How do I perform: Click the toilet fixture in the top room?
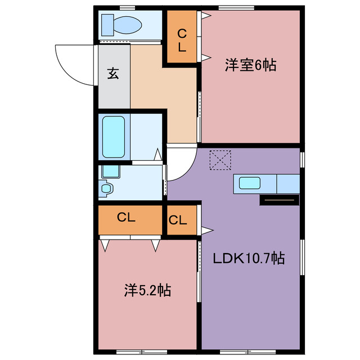(x=121, y=25)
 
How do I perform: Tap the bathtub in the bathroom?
(x=114, y=137)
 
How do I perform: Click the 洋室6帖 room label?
(x=250, y=66)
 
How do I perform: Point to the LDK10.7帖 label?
(x=248, y=259)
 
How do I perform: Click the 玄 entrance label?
(x=114, y=74)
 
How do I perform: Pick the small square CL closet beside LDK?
(x=178, y=220)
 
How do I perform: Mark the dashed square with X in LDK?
(x=220, y=159)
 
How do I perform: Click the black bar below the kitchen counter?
(x=278, y=200)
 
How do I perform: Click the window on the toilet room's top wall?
(x=127, y=8)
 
